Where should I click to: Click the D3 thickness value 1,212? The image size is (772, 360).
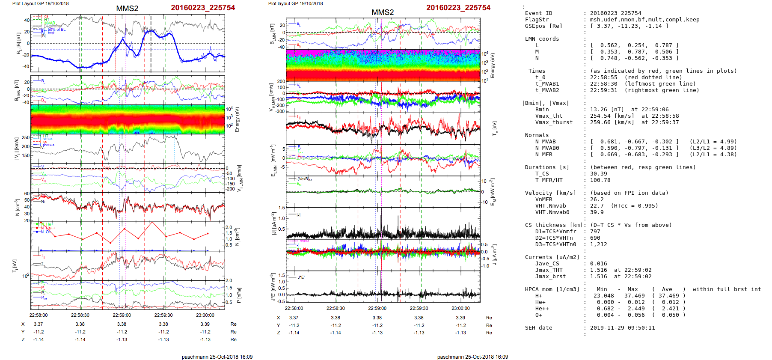[598, 244]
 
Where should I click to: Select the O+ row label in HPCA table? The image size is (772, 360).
[538, 315]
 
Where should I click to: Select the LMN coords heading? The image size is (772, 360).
[542, 39]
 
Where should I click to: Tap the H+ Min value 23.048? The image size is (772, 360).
[603, 296]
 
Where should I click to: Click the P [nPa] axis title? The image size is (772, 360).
[239, 295]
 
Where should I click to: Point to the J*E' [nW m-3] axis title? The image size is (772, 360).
[272, 286]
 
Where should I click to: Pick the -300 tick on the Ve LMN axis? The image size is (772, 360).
[280, 111]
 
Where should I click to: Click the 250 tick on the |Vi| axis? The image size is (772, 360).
[26, 137]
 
